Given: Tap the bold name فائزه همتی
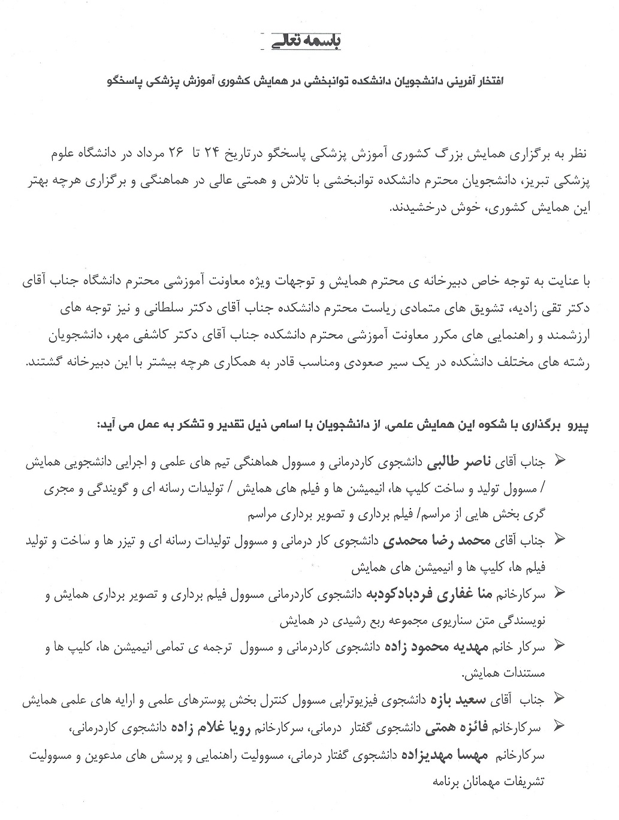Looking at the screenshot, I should (x=457, y=728).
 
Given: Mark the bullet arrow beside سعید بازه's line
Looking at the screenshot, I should (x=561, y=698).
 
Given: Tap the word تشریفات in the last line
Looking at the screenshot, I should (x=522, y=782).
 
